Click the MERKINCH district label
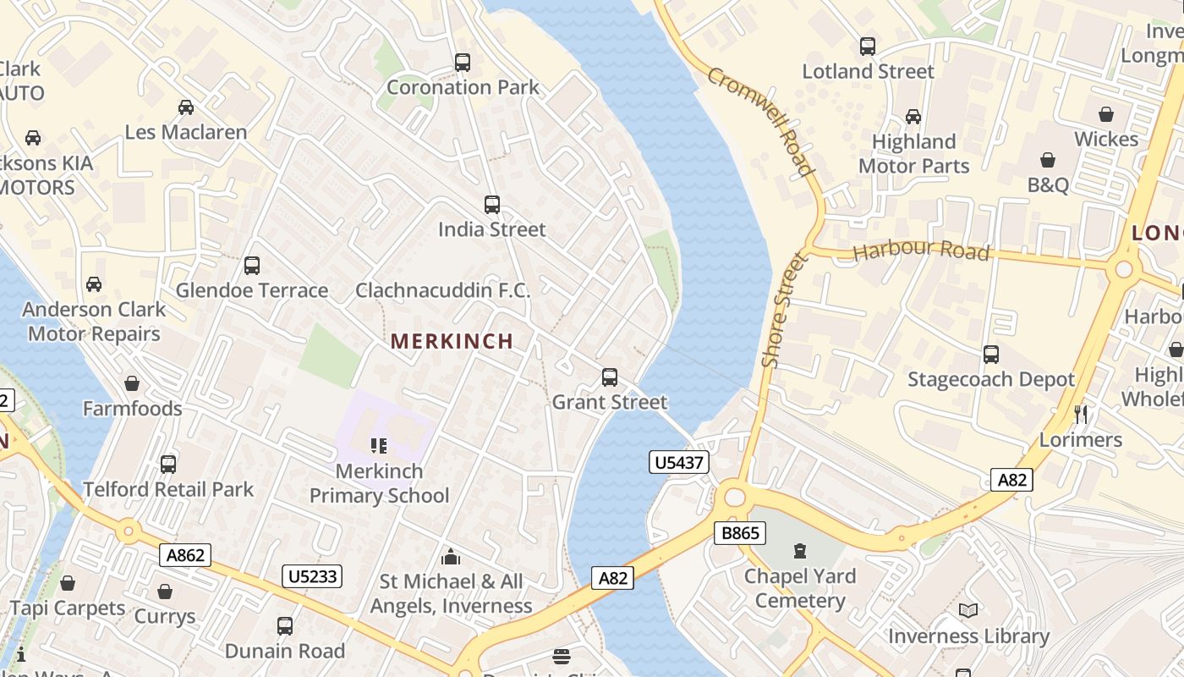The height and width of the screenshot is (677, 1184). click(x=452, y=341)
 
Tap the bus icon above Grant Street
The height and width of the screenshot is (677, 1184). click(x=610, y=377)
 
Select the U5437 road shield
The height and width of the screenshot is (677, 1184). click(x=679, y=462)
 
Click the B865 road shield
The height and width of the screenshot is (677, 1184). click(x=741, y=533)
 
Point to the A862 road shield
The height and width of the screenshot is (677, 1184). click(x=185, y=555)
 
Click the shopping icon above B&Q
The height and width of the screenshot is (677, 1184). click(x=1048, y=160)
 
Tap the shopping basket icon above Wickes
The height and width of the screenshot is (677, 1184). click(x=1106, y=114)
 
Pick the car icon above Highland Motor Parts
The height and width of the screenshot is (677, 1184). click(x=913, y=117)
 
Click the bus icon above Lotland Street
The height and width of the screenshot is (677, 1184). click(x=868, y=47)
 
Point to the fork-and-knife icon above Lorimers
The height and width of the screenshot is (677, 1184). click(x=1081, y=415)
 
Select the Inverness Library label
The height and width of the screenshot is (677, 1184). click(x=968, y=636)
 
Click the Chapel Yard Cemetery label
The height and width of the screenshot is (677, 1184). click(x=800, y=588)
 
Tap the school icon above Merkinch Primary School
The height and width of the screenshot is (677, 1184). click(x=379, y=445)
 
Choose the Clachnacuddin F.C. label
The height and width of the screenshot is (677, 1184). click(x=443, y=290)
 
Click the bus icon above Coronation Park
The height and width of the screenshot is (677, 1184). click(x=463, y=63)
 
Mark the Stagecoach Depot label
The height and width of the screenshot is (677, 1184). click(x=990, y=379)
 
